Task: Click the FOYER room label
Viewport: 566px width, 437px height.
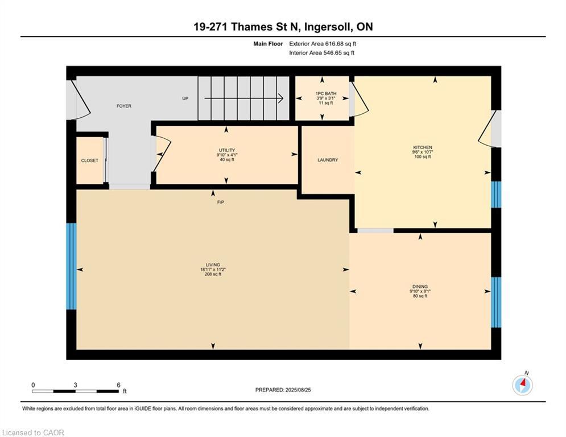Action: coord(124,106)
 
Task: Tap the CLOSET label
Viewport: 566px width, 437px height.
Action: coord(89,160)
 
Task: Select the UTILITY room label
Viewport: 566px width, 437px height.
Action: coord(227,150)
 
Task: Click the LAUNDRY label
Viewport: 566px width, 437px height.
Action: coord(328,160)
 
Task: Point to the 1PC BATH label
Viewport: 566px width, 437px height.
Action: coord(326,93)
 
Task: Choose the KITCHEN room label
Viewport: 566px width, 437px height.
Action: coord(423,147)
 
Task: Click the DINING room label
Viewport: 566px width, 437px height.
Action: coord(420,286)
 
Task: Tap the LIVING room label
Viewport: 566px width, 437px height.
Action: coord(213,265)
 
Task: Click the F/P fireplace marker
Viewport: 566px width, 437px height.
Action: coord(221,202)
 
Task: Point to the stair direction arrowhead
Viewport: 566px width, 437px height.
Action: coord(281,98)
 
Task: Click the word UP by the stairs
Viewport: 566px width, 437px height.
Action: coord(185,98)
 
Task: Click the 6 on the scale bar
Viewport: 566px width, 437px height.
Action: coord(118,385)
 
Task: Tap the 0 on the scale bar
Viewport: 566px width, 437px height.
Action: coord(33,385)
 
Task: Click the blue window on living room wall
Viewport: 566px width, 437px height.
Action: coord(72,266)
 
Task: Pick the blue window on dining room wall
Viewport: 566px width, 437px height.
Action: coord(497,302)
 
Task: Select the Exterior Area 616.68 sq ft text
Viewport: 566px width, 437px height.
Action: coord(323,44)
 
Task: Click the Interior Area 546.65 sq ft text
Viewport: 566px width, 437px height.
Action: coord(321,53)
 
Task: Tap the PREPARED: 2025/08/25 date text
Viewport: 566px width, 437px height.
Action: coord(283,390)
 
